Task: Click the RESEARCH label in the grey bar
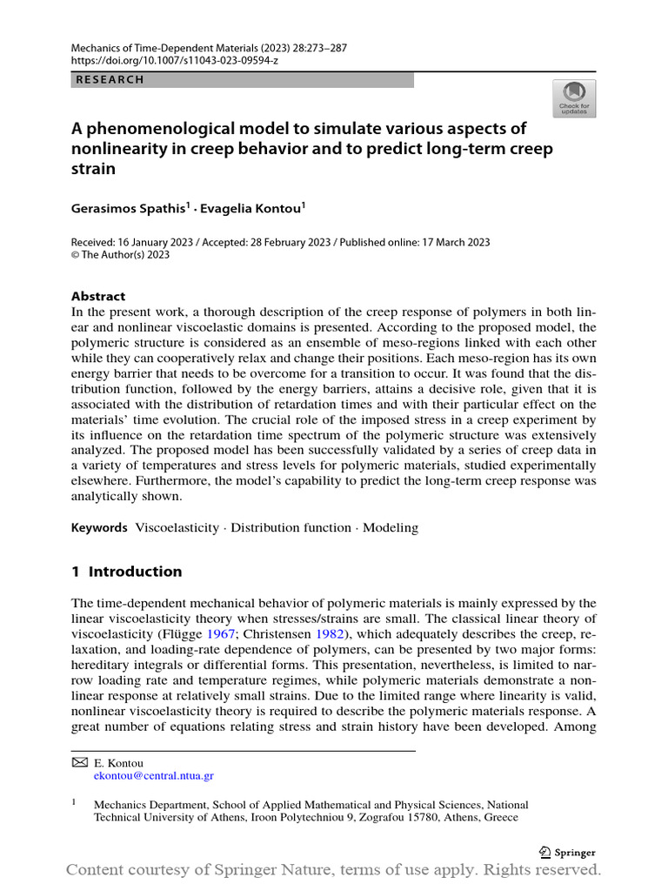point(110,80)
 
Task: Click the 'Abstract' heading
point(98,296)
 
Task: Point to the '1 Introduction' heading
point(127,572)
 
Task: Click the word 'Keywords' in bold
point(98,527)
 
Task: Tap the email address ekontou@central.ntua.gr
point(153,775)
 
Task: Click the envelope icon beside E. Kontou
point(79,762)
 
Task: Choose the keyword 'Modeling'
point(391,527)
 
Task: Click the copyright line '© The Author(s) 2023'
point(120,255)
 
